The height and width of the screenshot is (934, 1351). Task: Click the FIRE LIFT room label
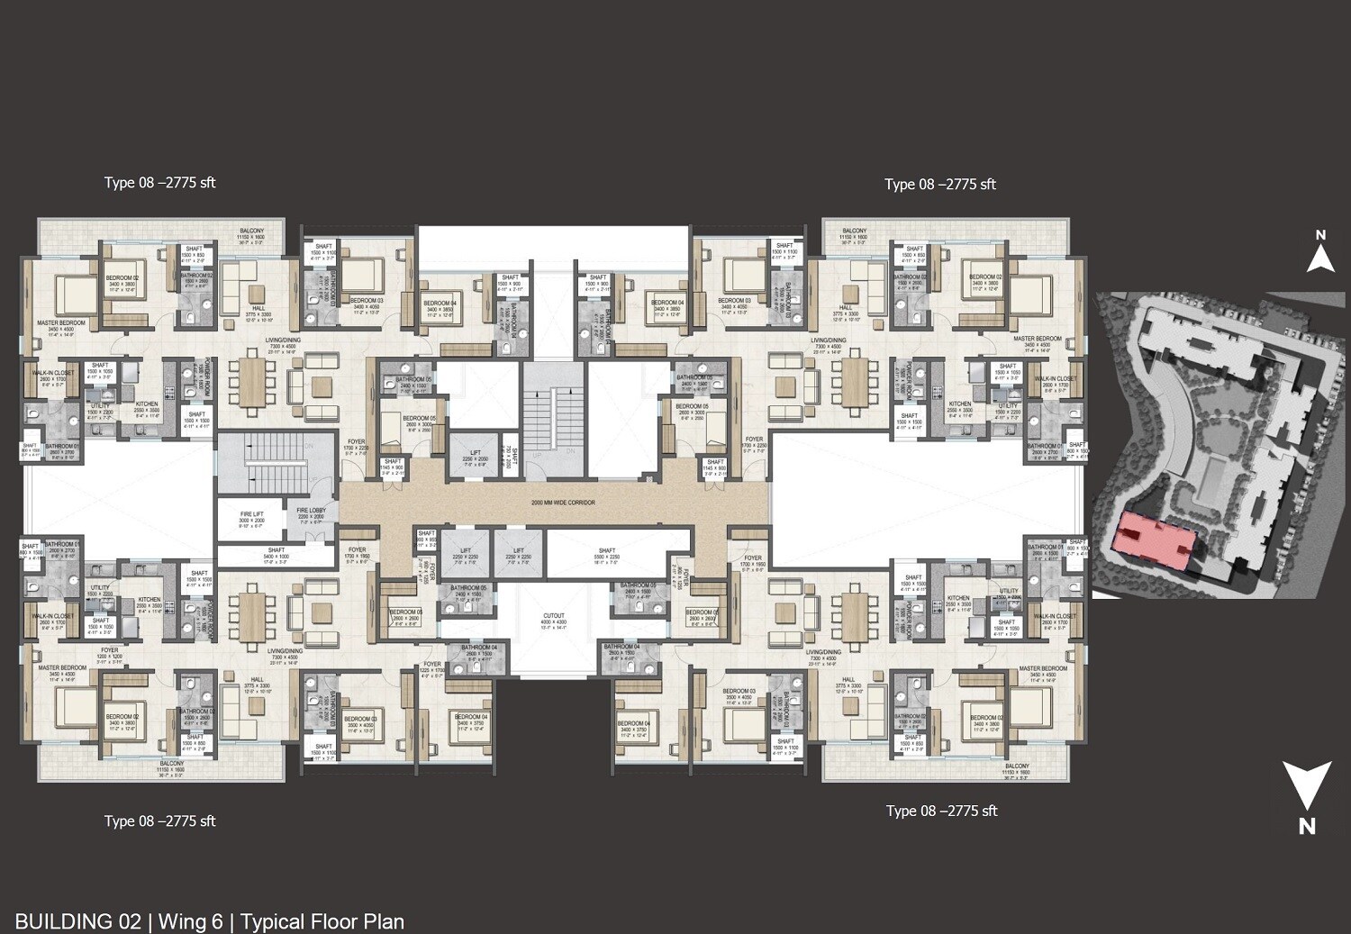(251, 517)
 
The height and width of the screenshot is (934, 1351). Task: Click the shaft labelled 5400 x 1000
(276, 554)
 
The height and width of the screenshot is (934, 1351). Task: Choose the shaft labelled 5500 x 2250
(606, 554)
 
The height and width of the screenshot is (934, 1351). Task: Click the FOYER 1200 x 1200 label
(109, 653)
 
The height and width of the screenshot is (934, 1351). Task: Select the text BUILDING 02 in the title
(78, 921)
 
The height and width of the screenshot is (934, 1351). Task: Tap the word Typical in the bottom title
(276, 921)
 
